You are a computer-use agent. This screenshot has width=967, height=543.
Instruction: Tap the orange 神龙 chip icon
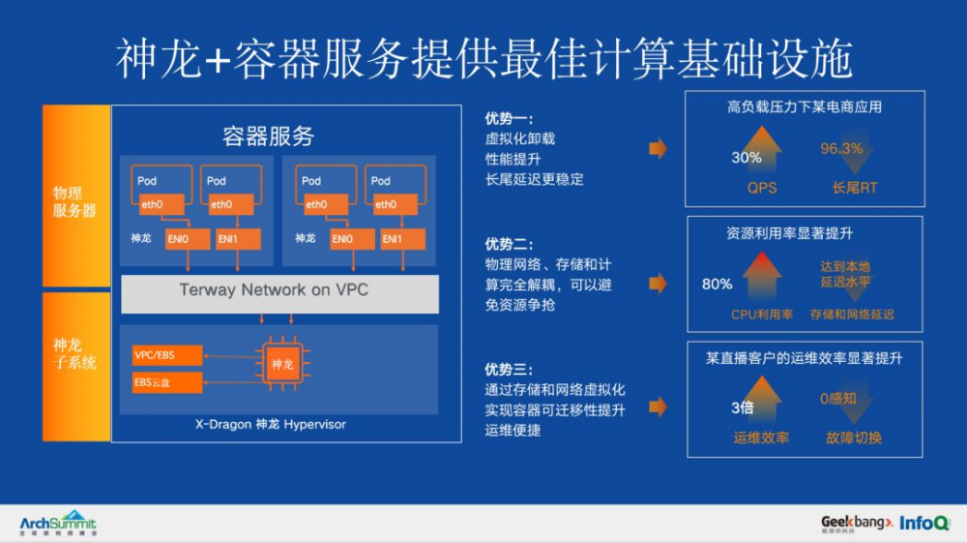pos(282,364)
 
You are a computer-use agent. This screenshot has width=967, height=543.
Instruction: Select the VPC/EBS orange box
pos(161,355)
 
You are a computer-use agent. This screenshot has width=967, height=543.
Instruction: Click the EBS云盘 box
pos(161,382)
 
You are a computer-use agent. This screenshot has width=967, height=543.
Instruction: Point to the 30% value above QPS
pos(746,158)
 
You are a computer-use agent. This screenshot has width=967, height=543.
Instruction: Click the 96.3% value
pos(841,148)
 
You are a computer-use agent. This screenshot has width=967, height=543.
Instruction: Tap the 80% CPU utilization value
pos(717,285)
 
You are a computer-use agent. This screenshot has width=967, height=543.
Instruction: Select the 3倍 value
pos(742,407)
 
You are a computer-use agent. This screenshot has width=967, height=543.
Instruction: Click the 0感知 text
pos(837,398)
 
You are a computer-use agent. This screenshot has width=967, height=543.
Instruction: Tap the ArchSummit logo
pos(58,523)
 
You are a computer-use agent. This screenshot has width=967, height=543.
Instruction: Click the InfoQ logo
pos(924,523)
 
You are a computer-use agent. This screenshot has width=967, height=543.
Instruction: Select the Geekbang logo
pos(855,523)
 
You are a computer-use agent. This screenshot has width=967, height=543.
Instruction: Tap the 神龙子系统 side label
pos(74,353)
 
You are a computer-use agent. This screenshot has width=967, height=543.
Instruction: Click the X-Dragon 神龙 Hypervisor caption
pos(272,425)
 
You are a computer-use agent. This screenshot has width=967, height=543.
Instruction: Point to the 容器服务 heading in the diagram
pos(269,136)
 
